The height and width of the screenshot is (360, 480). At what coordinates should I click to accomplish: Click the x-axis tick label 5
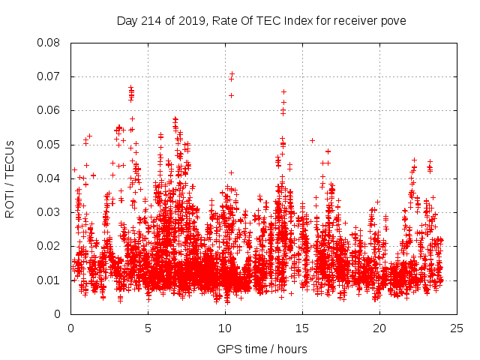pos(148,328)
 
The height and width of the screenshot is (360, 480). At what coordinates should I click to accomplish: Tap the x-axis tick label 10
pos(225,328)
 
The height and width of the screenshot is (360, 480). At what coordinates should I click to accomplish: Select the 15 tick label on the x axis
pos(302,328)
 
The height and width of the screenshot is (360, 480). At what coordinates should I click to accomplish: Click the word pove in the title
pos(394,21)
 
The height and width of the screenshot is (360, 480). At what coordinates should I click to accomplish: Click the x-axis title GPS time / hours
pos(262,349)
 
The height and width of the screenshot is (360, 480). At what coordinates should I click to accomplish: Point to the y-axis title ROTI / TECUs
pos(10,178)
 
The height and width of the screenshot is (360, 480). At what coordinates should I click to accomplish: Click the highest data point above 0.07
pos(232,73)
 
